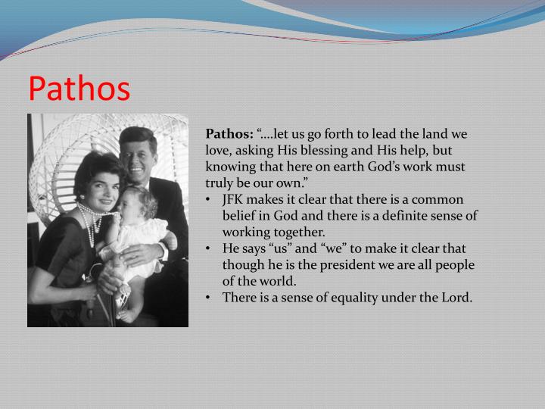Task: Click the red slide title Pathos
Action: click(x=79, y=89)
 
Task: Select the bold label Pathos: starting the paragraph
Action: click(x=229, y=133)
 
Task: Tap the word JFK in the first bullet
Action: click(x=235, y=199)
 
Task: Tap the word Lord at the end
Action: click(x=454, y=297)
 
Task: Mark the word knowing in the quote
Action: click(x=229, y=167)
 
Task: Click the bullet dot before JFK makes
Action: click(x=208, y=200)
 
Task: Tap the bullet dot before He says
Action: click(x=208, y=248)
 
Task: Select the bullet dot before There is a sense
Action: click(x=208, y=298)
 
